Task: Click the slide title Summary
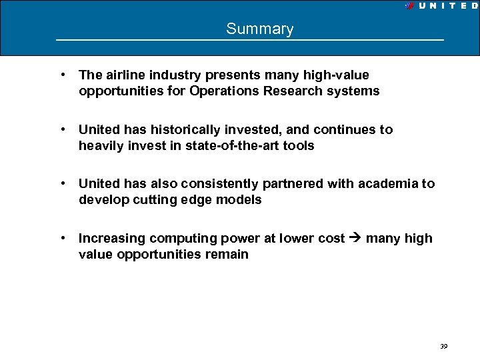coord(259,29)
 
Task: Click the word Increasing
coord(111,238)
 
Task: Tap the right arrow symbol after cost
coord(354,239)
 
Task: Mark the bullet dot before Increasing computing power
coord(61,238)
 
